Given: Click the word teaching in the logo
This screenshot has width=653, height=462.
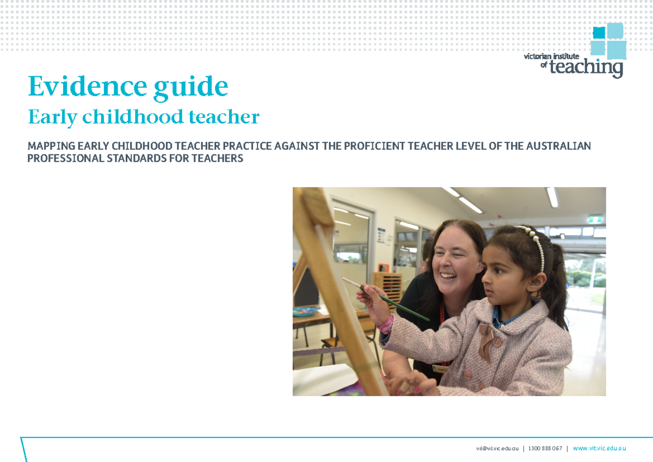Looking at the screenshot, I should tap(587, 67).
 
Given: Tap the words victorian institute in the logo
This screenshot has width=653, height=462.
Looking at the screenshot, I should tap(552, 56).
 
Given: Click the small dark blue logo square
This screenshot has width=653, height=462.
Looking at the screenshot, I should tap(599, 33).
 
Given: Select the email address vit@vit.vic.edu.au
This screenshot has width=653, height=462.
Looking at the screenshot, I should tap(497, 448).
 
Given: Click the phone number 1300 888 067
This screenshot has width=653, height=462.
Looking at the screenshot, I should tap(545, 448).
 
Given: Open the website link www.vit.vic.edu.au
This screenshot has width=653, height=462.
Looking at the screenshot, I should tap(599, 448).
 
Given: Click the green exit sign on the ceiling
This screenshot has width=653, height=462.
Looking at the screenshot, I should tap(595, 220).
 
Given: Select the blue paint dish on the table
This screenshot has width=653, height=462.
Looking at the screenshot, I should tap(305, 311).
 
